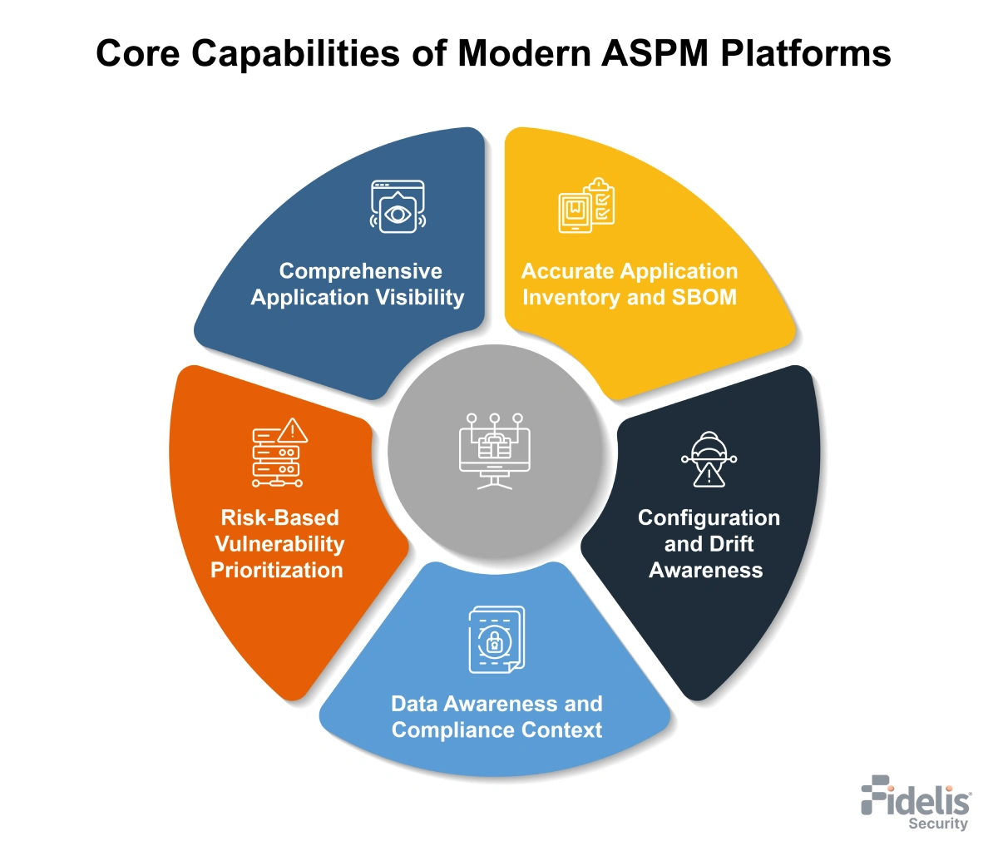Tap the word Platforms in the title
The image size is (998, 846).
pos(806,54)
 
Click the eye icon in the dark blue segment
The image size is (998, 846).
pos(398,207)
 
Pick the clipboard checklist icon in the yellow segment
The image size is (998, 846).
pos(586,205)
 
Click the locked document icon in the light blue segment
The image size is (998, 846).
pos(497,640)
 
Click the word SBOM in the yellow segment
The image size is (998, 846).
pos(704,298)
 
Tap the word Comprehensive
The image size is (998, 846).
pos(360,271)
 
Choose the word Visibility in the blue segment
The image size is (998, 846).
pos(420,298)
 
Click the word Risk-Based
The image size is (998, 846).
pos(279,517)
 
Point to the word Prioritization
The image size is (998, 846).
pos(277,570)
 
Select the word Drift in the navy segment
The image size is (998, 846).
pos(732,544)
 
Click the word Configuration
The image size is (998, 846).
pos(709,517)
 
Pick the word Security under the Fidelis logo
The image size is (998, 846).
pos(938,824)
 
